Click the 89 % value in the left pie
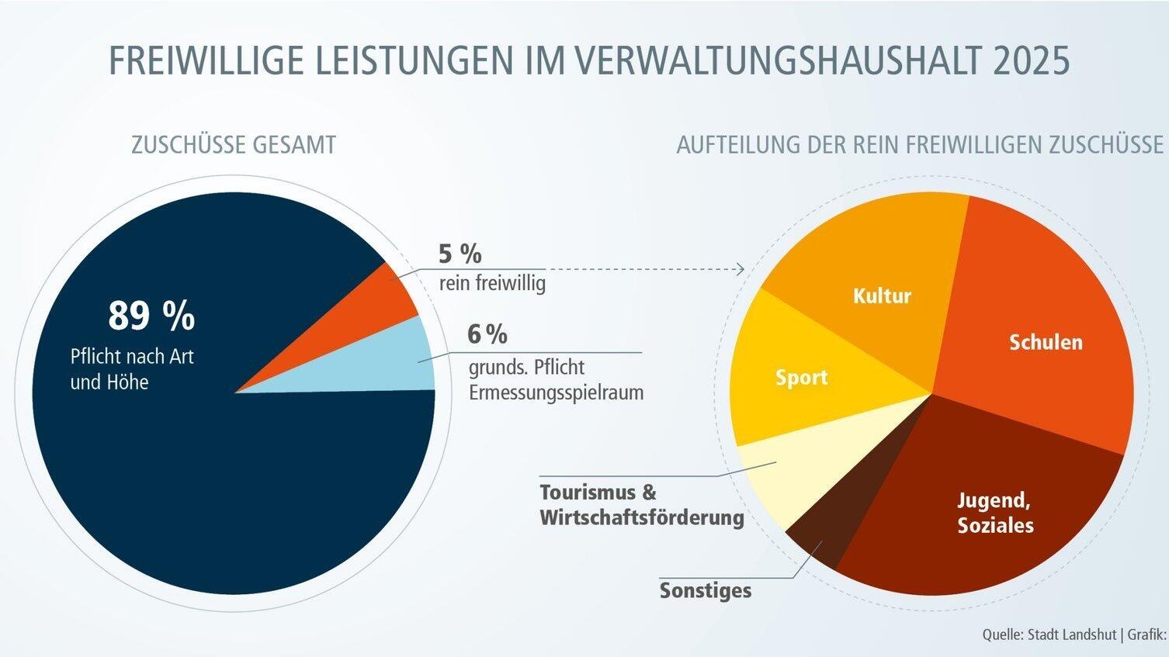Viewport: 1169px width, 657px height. pos(151,316)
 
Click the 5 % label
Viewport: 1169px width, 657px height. pos(460,254)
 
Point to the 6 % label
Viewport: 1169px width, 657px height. pos(487,334)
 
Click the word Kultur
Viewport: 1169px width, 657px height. pos(882,296)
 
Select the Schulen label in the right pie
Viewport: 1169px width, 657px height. pos(1045,342)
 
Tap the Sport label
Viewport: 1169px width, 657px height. pos(801,378)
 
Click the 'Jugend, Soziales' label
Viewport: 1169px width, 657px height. pos(995,513)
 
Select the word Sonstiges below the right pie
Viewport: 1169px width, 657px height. pos(706,590)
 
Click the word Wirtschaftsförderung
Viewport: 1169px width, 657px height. pos(641,517)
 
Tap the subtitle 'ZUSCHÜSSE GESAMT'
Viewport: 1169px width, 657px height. pos(234,145)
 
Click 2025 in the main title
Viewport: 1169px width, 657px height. pos(1031,61)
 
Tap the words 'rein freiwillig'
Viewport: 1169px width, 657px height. pos(492,283)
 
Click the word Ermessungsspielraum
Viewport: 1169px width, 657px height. pos(556,392)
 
